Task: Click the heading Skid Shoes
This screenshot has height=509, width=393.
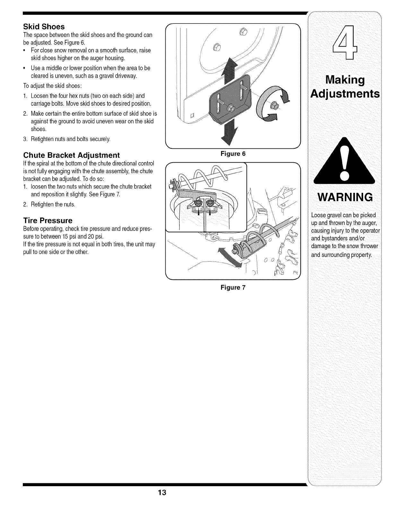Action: point(44,26)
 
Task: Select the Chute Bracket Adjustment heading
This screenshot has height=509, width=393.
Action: point(71,155)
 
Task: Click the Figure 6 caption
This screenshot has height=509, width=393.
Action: point(233,154)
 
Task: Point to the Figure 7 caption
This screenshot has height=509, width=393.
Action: point(233,287)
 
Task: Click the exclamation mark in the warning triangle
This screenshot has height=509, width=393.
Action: point(344,164)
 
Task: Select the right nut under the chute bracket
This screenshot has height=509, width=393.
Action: point(210,203)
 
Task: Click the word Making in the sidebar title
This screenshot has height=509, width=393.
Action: point(345,80)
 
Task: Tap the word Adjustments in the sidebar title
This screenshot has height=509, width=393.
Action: point(345,94)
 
